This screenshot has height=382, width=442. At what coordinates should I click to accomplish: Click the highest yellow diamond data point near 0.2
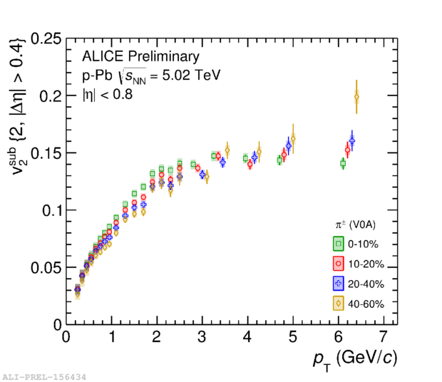(356, 98)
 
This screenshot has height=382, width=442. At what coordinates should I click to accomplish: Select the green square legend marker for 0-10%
(339, 244)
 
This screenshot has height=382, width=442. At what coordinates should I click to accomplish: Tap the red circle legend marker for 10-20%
(339, 264)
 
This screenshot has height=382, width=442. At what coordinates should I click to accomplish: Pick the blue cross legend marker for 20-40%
(339, 284)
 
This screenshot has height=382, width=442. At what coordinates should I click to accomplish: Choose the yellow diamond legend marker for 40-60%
(339, 304)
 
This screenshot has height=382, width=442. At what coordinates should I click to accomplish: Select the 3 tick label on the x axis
(202, 336)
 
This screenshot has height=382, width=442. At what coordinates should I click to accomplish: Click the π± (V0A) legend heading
(356, 224)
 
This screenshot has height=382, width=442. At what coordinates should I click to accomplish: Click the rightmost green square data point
(343, 163)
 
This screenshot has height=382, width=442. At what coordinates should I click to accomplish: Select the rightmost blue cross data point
(351, 140)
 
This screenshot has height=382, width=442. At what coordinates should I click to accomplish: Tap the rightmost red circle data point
(347, 150)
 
